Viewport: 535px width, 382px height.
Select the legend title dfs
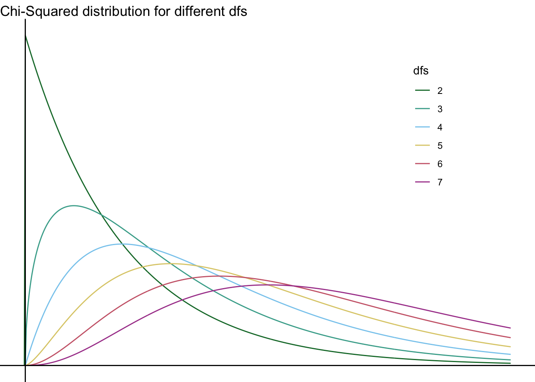[x=421, y=71]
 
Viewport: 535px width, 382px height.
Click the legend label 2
[x=439, y=91]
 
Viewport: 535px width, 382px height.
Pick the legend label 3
[x=439, y=109]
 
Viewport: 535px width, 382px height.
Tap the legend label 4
[x=439, y=127]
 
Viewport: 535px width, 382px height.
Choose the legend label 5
[x=439, y=146]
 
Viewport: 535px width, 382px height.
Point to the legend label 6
[x=439, y=164]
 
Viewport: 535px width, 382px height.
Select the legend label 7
[x=439, y=182]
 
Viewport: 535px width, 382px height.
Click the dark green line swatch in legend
[x=422, y=91]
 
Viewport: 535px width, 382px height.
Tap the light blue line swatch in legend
[x=422, y=127]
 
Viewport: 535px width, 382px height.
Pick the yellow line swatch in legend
[x=422, y=146]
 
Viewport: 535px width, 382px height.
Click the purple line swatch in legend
[x=422, y=182]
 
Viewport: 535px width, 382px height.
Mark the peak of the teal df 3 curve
[x=74, y=206]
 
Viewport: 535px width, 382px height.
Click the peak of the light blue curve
[x=122, y=244]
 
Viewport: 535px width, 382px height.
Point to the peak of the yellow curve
[x=171, y=264]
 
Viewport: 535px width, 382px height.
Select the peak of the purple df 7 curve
[x=267, y=285]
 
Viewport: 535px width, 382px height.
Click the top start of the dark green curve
[x=25, y=35]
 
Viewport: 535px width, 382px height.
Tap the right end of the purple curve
[x=510, y=328]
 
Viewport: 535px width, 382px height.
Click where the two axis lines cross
[x=25, y=365]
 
